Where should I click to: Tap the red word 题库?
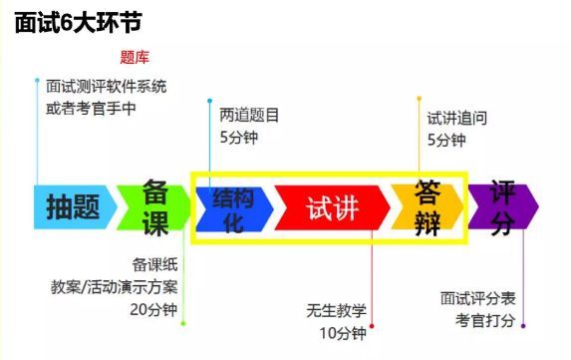(x=135, y=56)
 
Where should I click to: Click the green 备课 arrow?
(x=154, y=206)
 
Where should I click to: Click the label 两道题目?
(x=249, y=115)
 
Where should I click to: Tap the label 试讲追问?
(x=456, y=117)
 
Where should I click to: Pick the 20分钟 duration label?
(x=152, y=308)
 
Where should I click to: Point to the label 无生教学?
(x=338, y=310)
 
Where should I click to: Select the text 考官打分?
(x=485, y=320)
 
